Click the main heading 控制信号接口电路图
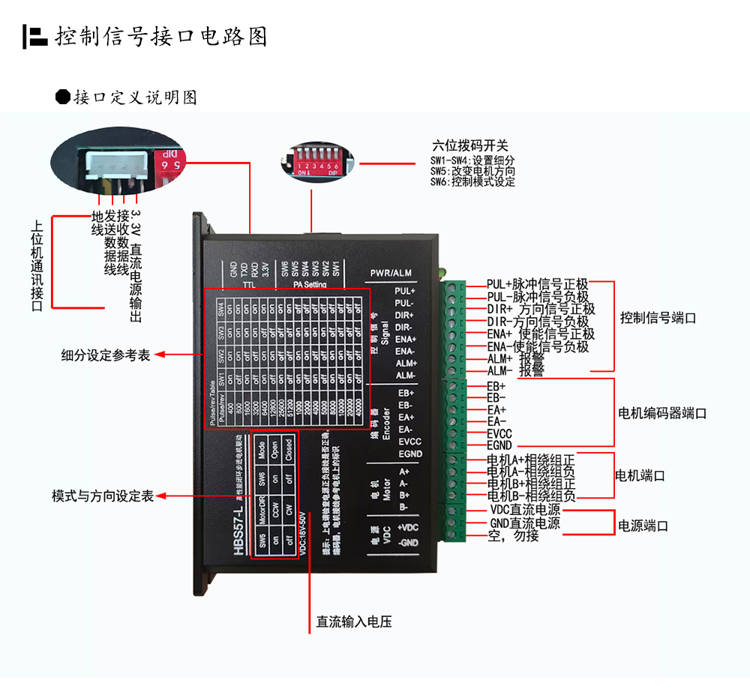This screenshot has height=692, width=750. tap(160, 36)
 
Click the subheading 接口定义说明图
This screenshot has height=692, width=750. tap(135, 97)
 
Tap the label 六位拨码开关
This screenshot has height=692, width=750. tap(470, 145)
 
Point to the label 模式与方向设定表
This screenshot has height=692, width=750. tap(102, 496)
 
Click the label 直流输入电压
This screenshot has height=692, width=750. tap(354, 622)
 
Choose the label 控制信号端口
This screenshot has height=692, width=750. tap(658, 318)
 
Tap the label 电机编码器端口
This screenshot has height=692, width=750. tap(662, 413)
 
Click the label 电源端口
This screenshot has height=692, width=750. tap(642, 526)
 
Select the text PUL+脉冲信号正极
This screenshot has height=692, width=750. tap(537, 284)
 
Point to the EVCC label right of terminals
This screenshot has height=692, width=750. tap(499, 433)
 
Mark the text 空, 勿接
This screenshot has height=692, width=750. tap(513, 536)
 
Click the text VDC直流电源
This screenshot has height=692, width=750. tap(524, 510)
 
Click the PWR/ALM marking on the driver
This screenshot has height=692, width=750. tap(392, 273)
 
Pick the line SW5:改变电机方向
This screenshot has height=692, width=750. tap(472, 171)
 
